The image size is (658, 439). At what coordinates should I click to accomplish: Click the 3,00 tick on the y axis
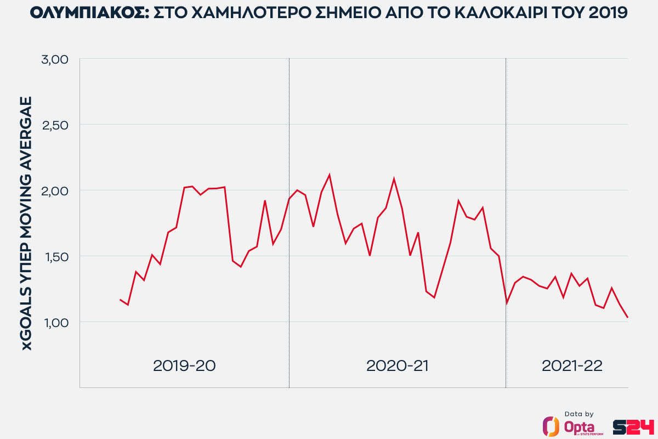54,59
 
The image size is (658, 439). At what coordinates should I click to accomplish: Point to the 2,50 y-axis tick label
54,125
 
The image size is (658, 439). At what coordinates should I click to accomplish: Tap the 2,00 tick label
54,191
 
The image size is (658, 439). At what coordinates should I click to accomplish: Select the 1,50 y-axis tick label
54,256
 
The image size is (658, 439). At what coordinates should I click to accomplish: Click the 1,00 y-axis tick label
54,322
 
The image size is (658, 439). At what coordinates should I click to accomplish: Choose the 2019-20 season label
184,366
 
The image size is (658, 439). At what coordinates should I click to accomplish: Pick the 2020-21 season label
398,366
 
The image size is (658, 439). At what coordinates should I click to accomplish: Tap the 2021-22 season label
572,366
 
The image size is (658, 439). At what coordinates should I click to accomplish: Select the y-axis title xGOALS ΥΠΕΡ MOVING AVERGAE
26,223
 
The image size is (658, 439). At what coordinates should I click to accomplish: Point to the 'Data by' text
578,414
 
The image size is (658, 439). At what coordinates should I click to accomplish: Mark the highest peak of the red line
329,175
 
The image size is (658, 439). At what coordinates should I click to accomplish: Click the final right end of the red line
627,317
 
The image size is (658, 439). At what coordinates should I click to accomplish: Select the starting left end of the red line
120,300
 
